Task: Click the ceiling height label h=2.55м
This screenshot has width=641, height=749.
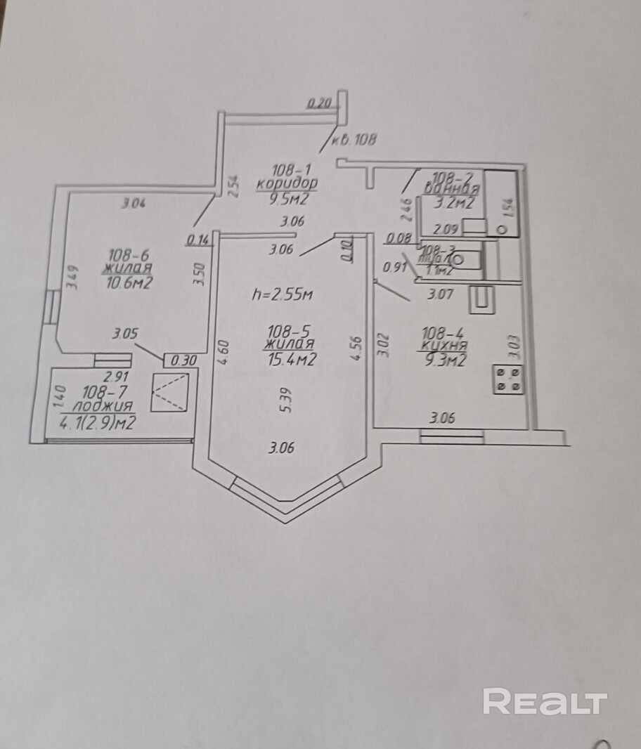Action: tap(281, 295)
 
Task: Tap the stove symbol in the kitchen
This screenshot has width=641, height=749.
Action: tap(509, 379)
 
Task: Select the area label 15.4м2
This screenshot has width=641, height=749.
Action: tap(290, 359)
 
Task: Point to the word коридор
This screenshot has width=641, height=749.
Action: tap(286, 184)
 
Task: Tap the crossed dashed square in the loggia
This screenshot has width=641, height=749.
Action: tap(171, 392)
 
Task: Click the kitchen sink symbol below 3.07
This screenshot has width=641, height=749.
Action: tap(483, 299)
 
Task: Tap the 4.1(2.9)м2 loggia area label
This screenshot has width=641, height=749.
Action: tap(98, 423)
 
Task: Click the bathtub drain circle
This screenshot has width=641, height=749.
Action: tap(501, 229)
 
